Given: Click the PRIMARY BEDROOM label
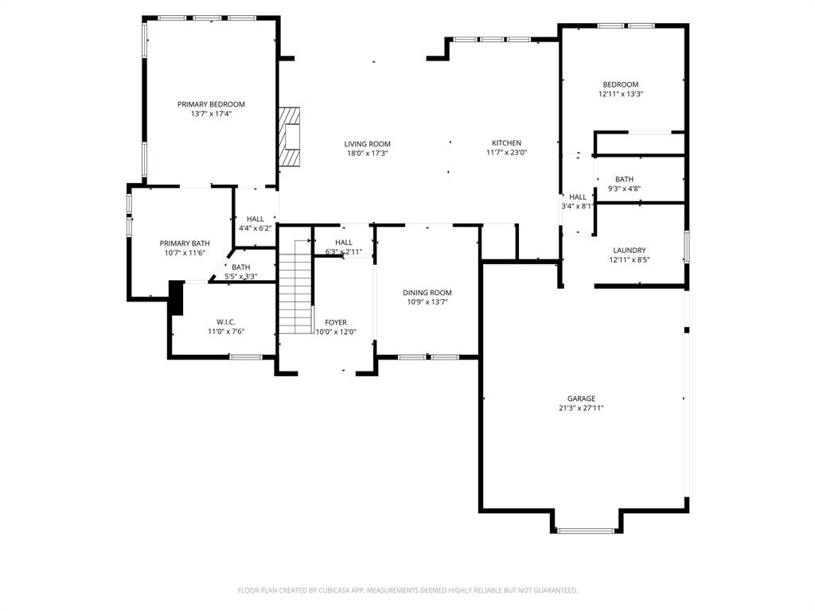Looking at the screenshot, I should point(211,104).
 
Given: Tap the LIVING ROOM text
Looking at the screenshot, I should point(367,144).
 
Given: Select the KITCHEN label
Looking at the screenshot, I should point(506,143).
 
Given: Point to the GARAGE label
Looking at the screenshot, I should point(581,399).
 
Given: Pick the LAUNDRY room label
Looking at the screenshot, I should point(629,250).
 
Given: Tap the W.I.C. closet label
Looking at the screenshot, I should point(226,322).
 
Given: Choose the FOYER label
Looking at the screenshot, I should point(336,322).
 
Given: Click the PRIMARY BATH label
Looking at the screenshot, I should point(185,243).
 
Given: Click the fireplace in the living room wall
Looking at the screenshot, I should point(290,137).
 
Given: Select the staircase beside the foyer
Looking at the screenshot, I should point(294,286).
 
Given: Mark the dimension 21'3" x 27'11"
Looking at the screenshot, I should point(581,408).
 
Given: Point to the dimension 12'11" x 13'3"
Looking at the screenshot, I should point(620,94).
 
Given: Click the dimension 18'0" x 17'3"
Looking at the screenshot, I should point(367,154).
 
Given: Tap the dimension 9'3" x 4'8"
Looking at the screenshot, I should point(624,189).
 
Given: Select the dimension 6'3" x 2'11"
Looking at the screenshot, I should point(344,251).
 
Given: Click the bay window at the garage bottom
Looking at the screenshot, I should point(585,530).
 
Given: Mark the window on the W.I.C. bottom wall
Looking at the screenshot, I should point(245,357).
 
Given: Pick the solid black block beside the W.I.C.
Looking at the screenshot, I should point(176,298).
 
